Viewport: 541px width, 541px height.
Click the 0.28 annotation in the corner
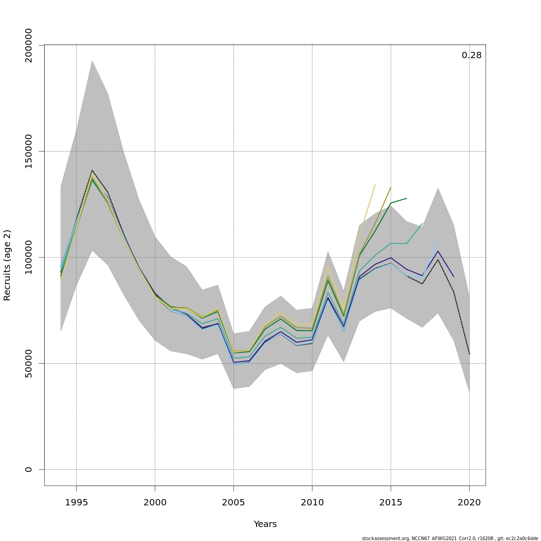pos(471,55)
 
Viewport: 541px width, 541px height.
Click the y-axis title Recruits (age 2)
pos(7,265)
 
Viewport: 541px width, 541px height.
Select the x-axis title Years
pos(265,524)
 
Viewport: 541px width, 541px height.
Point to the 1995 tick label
pos(76,503)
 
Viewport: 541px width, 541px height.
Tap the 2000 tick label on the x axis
pos(155,503)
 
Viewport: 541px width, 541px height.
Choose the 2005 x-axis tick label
pos(234,503)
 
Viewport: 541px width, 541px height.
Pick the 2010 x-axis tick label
pos(312,503)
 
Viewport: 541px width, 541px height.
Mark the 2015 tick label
pos(390,503)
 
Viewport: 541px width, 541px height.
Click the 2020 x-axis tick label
pos(469,503)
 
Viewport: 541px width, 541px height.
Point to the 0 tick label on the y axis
pos(29,469)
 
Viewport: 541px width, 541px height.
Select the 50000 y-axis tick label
pos(29,363)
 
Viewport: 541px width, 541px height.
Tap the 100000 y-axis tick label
pos(29,257)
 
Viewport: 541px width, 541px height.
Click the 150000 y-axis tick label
pos(29,151)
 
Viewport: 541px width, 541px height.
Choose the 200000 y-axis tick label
pos(29,46)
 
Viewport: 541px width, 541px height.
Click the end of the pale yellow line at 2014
pos(375,184)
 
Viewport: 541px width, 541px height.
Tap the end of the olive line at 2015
pos(390,187)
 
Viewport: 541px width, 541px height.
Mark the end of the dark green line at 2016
pos(406,198)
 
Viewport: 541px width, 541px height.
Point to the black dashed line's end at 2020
pos(469,354)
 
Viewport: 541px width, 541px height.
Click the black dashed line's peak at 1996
pos(92,170)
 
